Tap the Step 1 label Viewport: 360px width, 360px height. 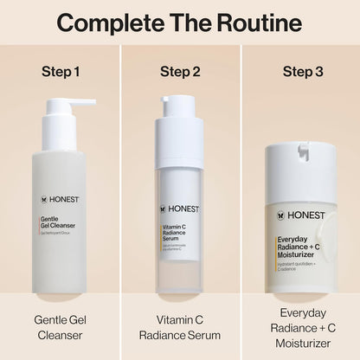click(60, 71)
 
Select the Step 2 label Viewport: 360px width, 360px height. click(180, 71)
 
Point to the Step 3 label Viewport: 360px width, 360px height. click(299, 71)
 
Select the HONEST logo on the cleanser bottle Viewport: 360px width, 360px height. click(60, 198)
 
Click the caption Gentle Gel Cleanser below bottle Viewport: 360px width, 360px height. click(60, 328)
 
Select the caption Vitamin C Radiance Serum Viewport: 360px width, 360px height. click(180, 328)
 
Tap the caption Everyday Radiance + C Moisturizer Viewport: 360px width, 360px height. click(299, 328)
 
